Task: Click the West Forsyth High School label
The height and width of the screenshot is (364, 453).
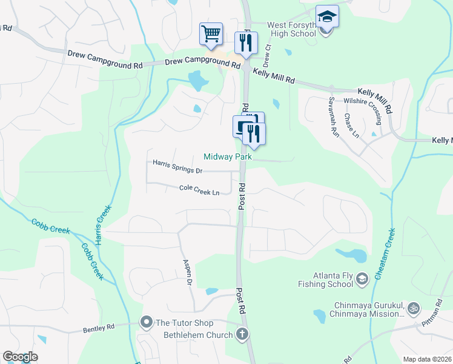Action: tap(292, 29)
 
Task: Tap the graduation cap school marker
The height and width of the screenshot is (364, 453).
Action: tap(327, 16)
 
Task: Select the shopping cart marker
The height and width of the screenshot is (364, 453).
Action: tap(211, 34)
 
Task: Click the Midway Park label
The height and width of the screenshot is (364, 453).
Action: tap(227, 157)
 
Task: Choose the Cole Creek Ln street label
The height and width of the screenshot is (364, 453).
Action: tap(199, 190)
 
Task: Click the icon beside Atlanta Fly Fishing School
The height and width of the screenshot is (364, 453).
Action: tap(362, 279)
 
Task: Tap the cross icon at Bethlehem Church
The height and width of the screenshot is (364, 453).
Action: tap(242, 334)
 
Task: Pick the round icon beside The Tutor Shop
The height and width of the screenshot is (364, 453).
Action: tap(146, 322)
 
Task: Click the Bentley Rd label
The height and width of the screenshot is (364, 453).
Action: tap(99, 328)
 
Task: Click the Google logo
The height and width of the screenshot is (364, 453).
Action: tap(20, 357)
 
